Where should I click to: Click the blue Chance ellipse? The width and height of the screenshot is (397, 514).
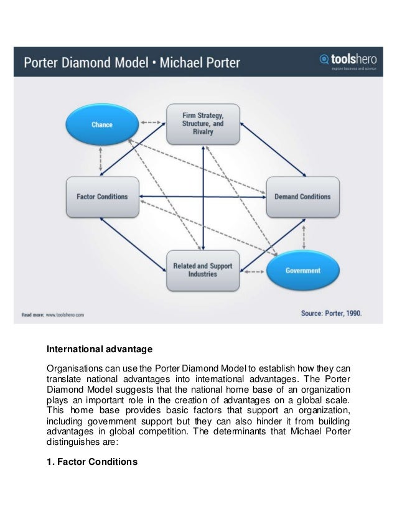[102, 124]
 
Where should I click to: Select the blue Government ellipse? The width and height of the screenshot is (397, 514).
[303, 271]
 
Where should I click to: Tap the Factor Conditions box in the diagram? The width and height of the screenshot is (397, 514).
[102, 197]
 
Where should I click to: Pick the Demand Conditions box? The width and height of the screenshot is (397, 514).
[302, 197]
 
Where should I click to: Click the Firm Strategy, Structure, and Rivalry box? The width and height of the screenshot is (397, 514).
[203, 124]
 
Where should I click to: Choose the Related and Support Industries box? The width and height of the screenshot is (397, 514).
[203, 269]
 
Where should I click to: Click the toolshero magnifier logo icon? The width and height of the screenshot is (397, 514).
[323, 60]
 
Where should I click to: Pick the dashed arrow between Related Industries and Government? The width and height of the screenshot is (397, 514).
[253, 270]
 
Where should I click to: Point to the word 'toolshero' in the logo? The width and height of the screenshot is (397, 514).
[351, 58]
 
